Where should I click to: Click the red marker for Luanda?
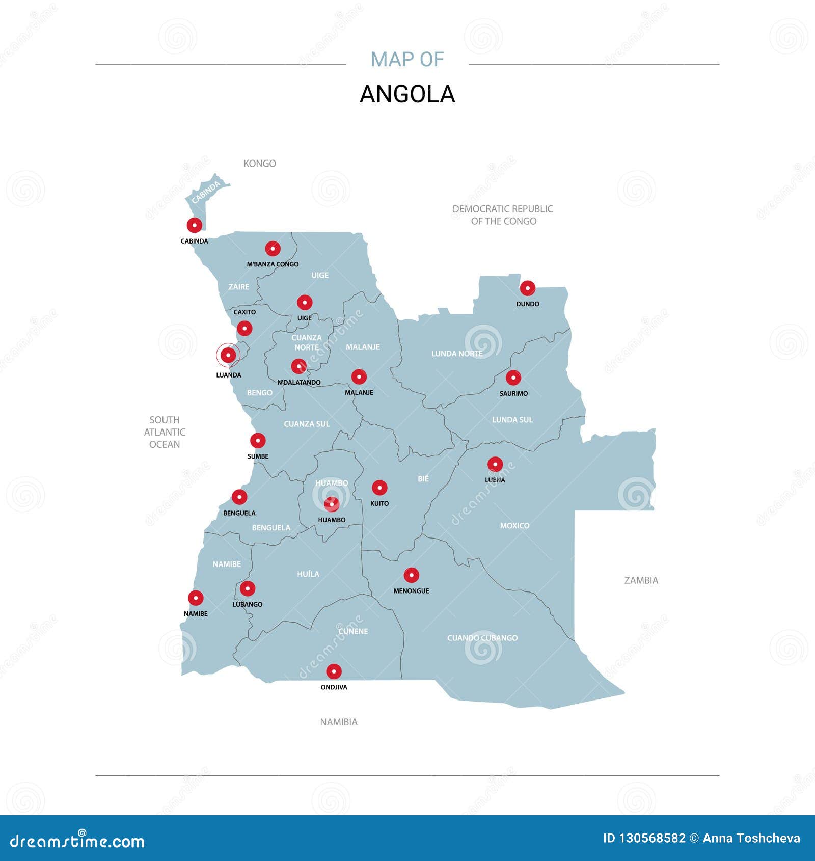point(228,355)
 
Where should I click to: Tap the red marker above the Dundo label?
point(527,288)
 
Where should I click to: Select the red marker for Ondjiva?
point(334,671)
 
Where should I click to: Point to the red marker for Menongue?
point(411,575)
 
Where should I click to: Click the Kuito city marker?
point(379,488)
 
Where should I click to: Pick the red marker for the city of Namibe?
point(196,598)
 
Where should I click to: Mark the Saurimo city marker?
point(513,378)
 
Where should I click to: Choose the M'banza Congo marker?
point(273,249)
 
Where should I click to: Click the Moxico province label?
point(514,525)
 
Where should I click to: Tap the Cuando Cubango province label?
point(482,638)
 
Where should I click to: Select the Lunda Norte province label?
point(456,354)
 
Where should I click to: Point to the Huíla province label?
point(308,574)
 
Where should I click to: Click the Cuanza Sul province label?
point(306,424)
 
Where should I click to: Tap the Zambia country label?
point(641,580)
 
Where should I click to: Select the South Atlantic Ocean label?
point(164,432)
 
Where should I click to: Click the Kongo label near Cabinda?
point(259,164)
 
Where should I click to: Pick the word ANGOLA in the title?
point(407,94)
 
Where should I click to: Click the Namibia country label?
point(338,722)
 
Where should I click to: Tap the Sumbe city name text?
point(258,456)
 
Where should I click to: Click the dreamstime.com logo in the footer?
point(77,841)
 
